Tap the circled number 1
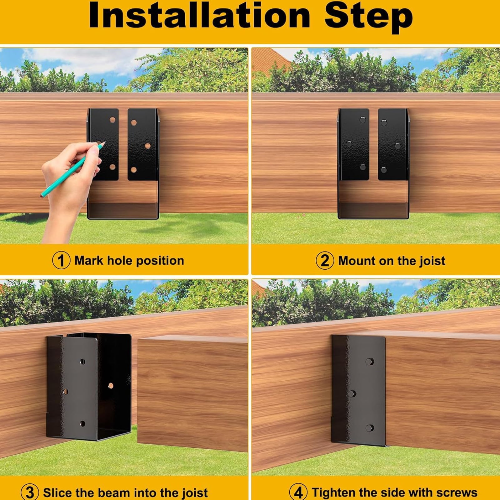tap(61, 261)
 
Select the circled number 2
tap(325, 261)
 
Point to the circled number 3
tap(30, 492)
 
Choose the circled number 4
tap(298, 492)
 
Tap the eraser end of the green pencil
tap(42, 196)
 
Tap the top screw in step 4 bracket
tap(369, 362)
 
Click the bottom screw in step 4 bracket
tap(369, 428)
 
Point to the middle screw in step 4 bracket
tap(351, 393)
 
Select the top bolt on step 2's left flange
tap(362, 120)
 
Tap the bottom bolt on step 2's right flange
tap(384, 170)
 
